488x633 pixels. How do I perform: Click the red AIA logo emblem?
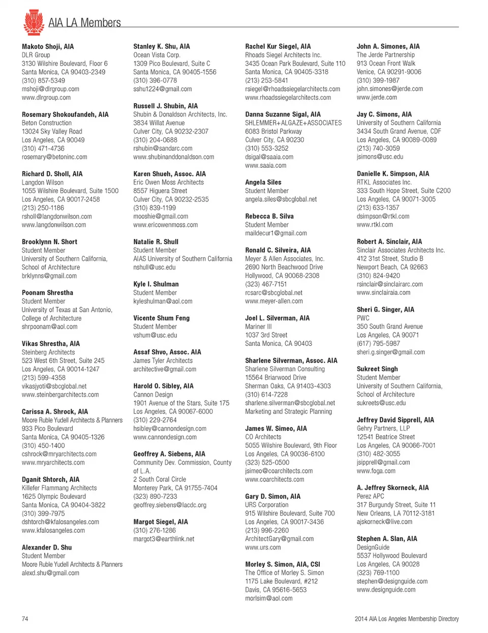tap(34, 22)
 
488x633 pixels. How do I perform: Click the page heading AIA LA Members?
tap(84, 23)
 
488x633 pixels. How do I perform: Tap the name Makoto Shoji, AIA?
tap(48, 46)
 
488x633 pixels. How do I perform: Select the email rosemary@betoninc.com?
tap(54, 157)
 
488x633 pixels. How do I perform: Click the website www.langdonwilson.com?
tap(54, 225)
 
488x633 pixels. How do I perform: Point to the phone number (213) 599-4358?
tap(44, 378)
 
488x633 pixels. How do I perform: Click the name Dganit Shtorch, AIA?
tap(51, 479)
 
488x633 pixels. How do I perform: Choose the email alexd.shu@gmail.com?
tap(50, 573)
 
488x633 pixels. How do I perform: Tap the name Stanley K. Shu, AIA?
tap(162, 46)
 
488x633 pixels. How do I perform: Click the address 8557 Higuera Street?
tap(160, 191)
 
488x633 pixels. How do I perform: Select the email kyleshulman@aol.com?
tap(163, 302)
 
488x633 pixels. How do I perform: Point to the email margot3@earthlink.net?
tap(164, 539)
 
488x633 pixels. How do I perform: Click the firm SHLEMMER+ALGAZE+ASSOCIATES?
tap(293, 123)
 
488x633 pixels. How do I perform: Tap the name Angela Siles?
tap(263, 182)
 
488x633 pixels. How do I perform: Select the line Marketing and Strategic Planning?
tap(288, 412)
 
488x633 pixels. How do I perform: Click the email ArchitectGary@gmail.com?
tap(279, 539)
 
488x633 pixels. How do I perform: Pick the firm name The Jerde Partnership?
tap(386, 55)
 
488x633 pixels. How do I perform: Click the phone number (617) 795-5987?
tap(378, 344)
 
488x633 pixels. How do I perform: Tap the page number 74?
tap(25, 619)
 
